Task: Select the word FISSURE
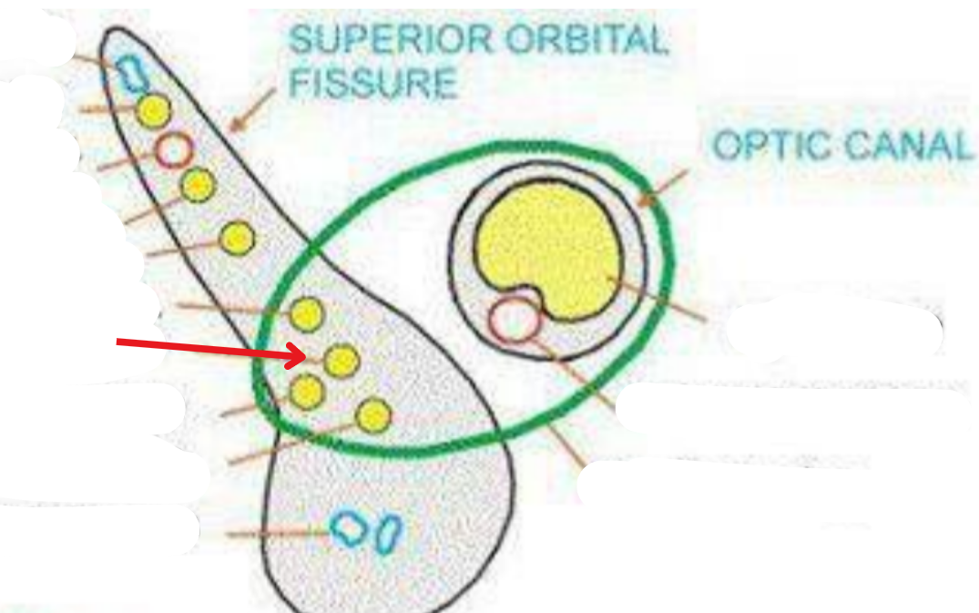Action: click(373, 83)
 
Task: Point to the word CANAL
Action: click(911, 146)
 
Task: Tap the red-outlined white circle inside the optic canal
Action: click(514, 321)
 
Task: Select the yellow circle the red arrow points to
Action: click(341, 361)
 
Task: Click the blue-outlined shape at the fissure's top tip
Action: click(134, 73)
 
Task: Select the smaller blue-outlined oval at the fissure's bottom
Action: click(388, 532)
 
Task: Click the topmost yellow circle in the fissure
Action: click(153, 111)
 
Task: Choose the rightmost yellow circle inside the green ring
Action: click(372, 415)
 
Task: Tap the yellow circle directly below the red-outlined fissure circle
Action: click(197, 185)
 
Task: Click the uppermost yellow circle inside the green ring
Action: click(306, 315)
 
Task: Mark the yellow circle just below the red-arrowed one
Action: click(307, 392)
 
